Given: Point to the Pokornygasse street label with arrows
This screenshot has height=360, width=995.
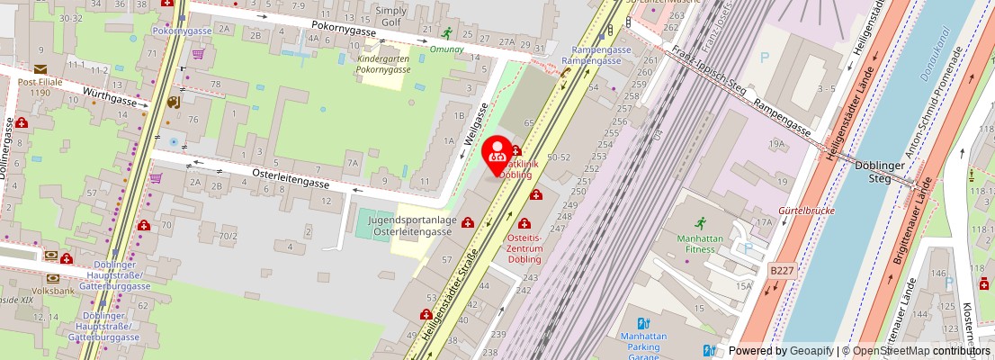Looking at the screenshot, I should point(344,31).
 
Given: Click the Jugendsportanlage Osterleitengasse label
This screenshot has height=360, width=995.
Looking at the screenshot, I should point(413,226).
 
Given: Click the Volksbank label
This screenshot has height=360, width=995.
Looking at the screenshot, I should point(53,291).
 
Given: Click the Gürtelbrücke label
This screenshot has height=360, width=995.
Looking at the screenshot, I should point(809,211).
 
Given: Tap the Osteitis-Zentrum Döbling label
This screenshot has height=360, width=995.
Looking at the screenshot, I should point(524,247).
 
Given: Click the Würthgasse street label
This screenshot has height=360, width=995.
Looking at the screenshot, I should point(110,96).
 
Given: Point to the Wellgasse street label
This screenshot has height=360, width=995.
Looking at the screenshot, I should point(476,124).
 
